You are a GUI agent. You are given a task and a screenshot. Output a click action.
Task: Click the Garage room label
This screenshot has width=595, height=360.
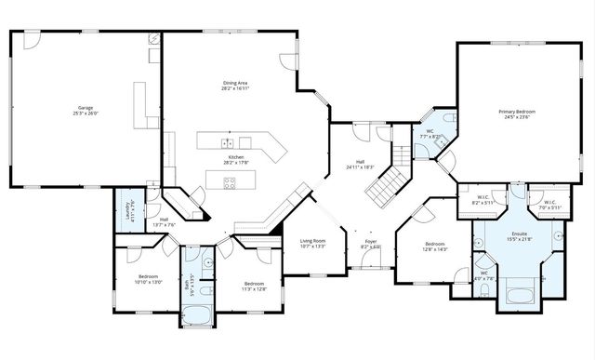tap(86, 107)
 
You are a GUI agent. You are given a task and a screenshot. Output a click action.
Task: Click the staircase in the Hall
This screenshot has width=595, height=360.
tap(383, 186)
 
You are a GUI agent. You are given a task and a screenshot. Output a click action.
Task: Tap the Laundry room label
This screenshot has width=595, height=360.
tap(120, 208)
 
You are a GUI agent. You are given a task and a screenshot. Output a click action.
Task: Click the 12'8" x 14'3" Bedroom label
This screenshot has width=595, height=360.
tap(435, 244)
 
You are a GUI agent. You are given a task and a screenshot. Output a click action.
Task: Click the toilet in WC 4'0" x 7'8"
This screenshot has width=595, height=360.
tap(485, 289)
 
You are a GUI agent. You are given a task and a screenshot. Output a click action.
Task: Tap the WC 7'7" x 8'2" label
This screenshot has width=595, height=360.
tap(430, 132)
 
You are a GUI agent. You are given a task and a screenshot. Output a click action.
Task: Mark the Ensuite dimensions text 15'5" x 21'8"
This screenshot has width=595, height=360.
tap(520, 240)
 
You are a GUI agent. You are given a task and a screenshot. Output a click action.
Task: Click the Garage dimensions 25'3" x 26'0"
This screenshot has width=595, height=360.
tap(86, 113)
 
